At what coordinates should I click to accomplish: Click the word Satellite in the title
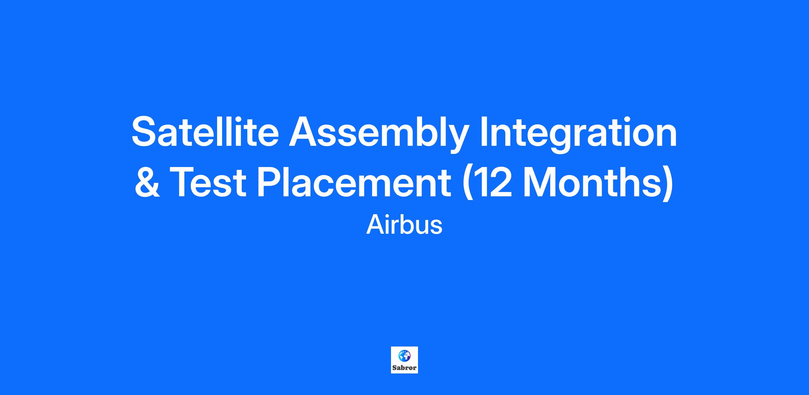[x=205, y=132]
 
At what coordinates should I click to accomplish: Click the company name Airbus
[x=404, y=225]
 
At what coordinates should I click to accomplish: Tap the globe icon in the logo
[x=404, y=355]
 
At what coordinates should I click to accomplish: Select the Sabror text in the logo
[x=404, y=368]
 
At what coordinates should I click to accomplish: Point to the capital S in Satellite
[x=145, y=132]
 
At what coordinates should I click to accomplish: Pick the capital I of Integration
[x=484, y=132]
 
